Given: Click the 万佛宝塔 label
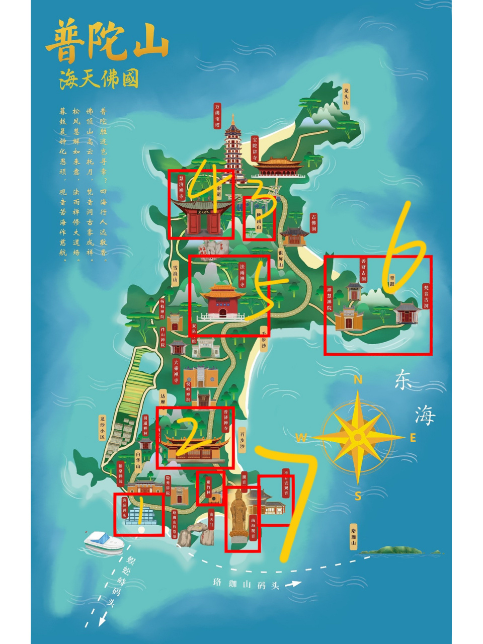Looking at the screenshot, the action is tap(217, 116).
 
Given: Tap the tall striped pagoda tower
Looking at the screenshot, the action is tap(233, 146).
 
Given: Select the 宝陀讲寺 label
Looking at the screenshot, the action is tap(255, 146).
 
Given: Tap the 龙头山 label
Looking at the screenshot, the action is tap(346, 96).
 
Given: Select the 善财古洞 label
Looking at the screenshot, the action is tap(363, 270).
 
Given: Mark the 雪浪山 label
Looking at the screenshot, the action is tap(175, 273).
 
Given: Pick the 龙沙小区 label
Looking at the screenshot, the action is tap(102, 428).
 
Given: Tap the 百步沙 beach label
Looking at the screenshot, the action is tap(242, 440).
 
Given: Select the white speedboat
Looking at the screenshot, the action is tap(104, 542).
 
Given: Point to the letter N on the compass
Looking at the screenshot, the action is tap(358, 380).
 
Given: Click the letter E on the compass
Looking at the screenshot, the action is tap(413, 438).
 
